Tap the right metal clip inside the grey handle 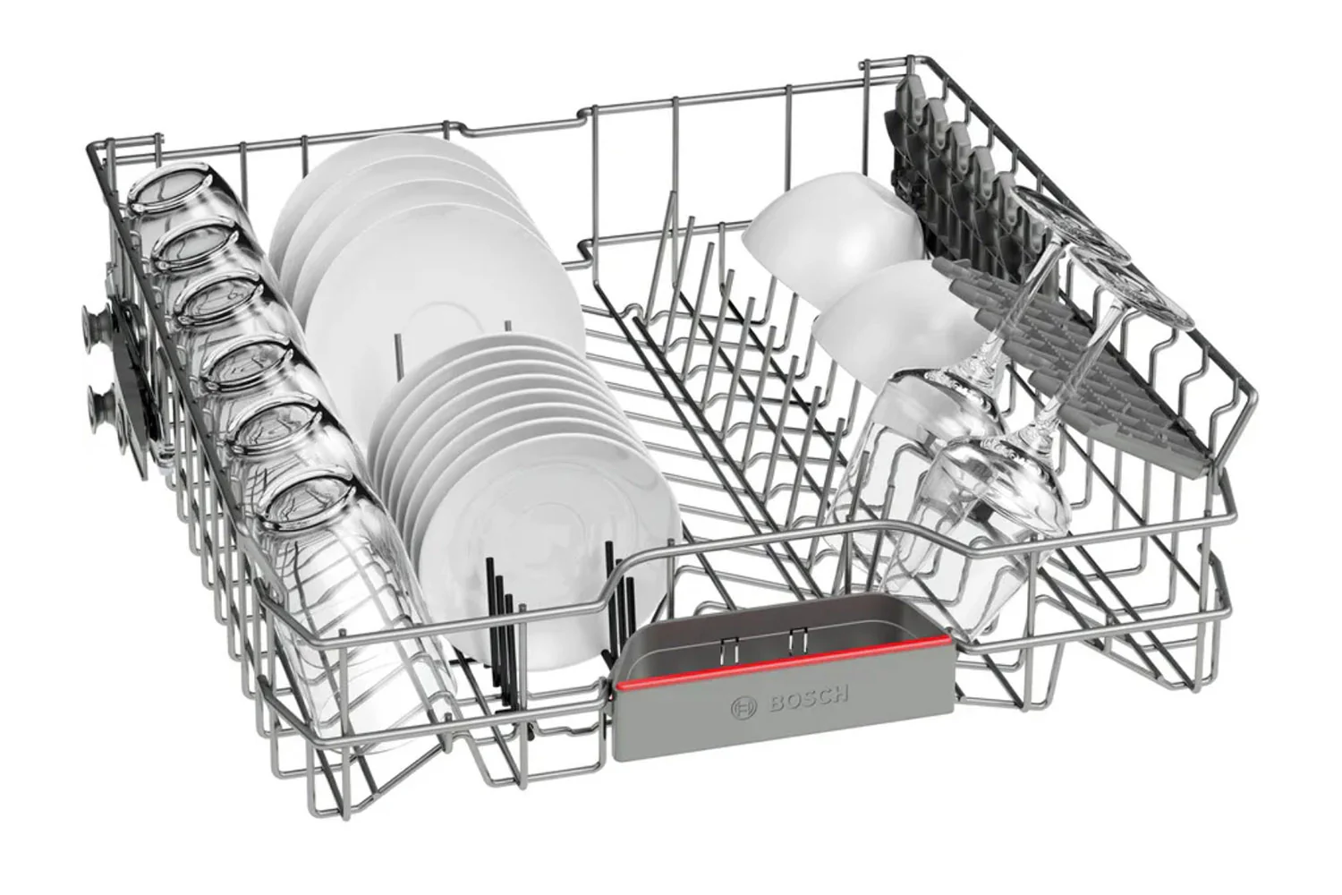coord(794,637)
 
